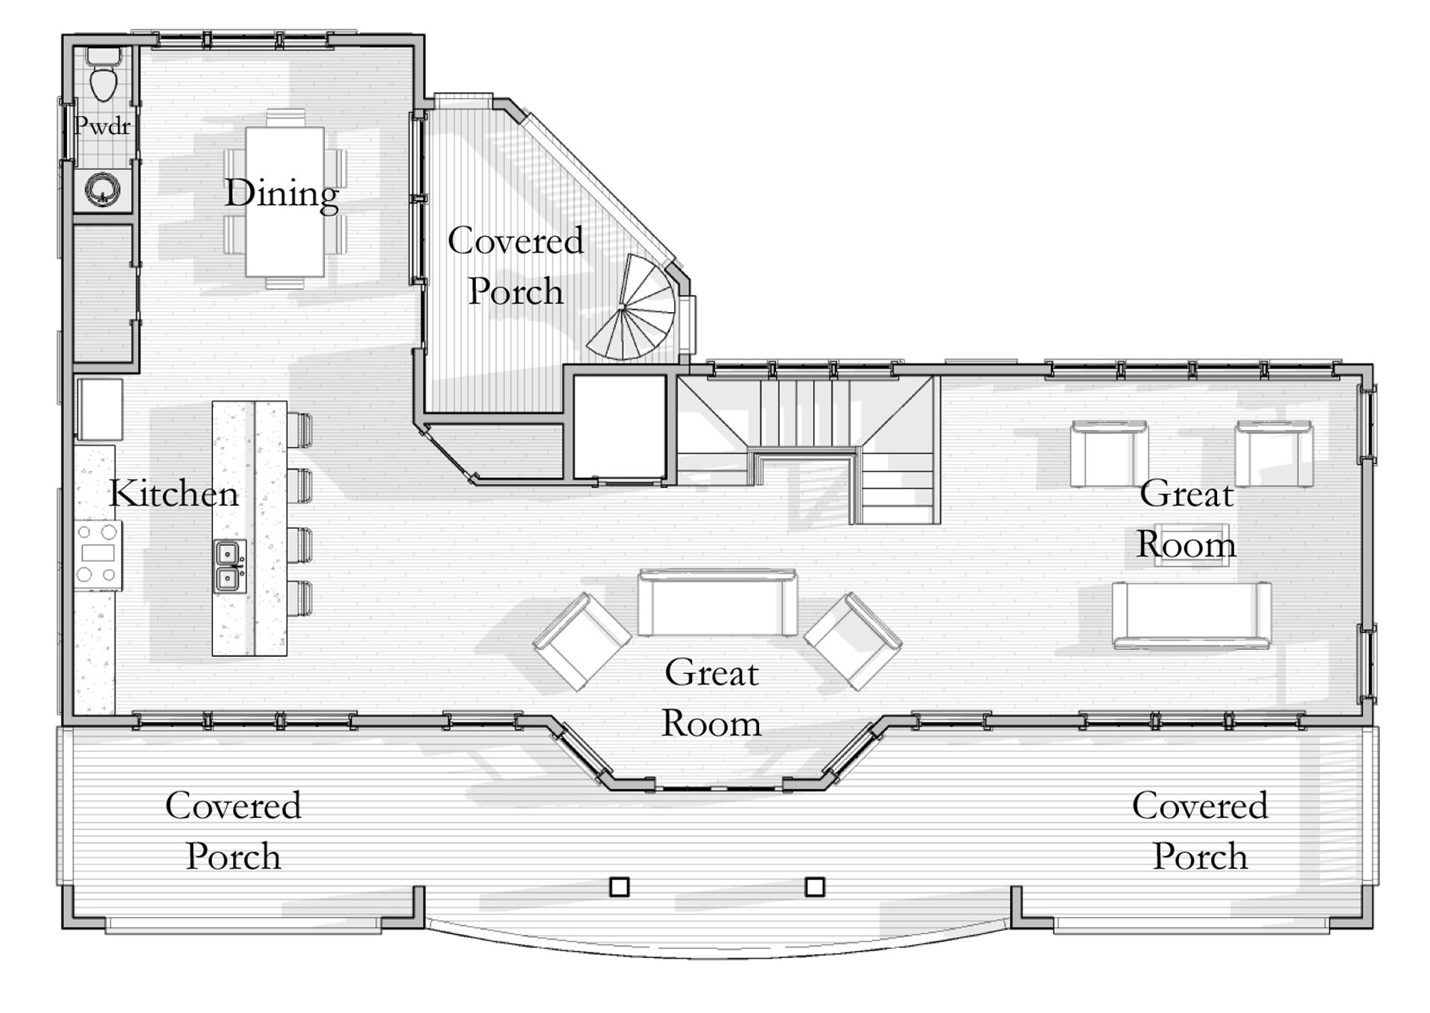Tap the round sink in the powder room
102,189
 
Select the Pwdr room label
103,126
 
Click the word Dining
282,194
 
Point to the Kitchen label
174,494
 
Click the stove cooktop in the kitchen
98,554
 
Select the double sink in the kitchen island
229,566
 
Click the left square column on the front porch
619,886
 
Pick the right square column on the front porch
815,886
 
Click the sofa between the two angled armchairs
718,602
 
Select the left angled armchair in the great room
582,641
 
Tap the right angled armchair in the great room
854,641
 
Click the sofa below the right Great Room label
1192,615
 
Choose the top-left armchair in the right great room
1109,454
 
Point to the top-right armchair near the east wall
1274,454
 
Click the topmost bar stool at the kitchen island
299,430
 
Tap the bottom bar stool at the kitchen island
299,598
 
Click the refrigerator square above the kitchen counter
101,409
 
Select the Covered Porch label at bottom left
233,831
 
